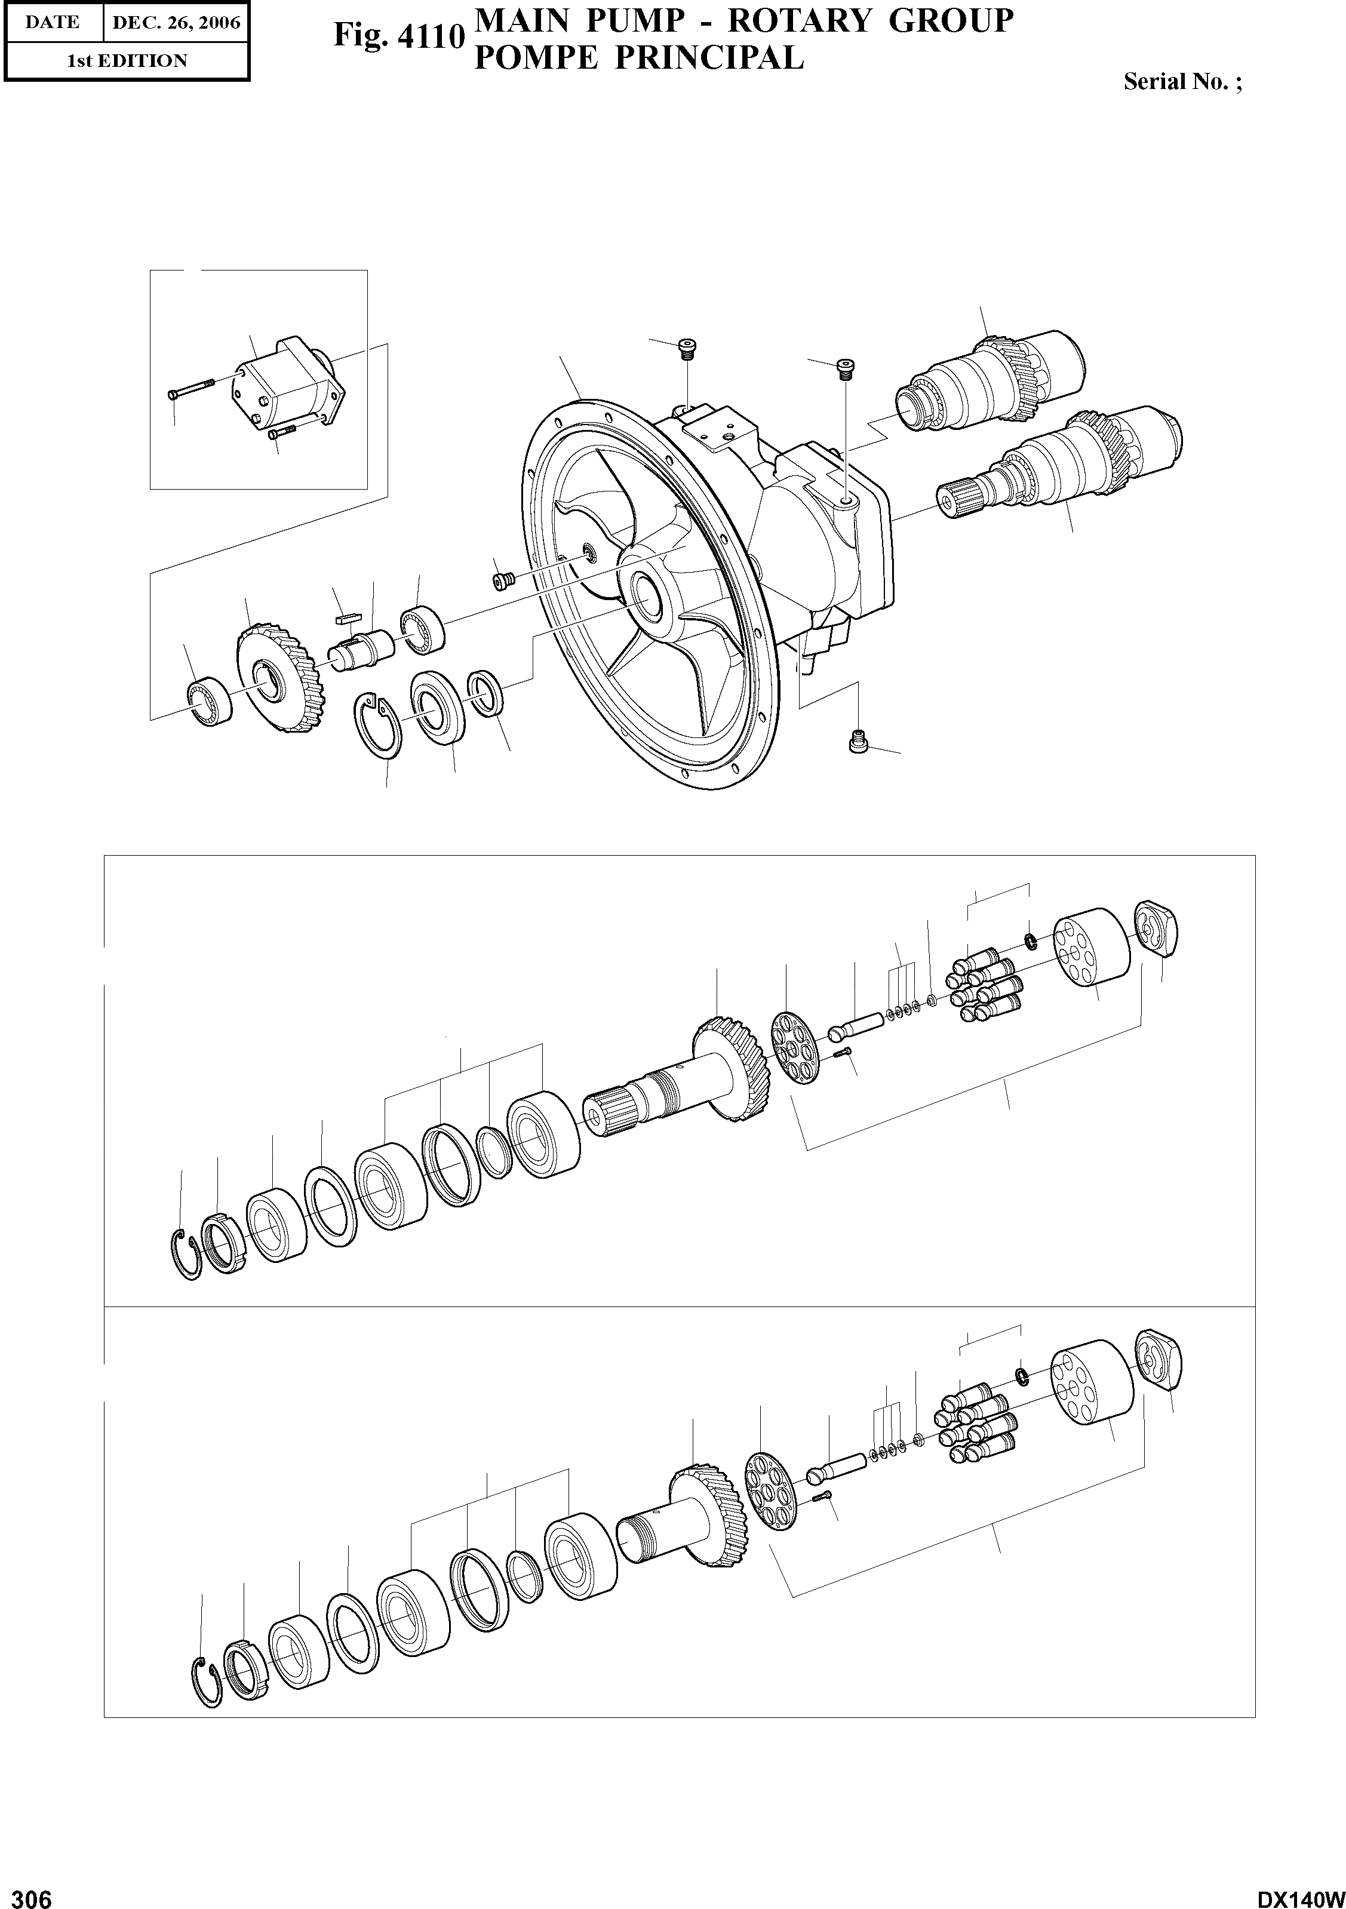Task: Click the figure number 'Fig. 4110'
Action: point(397,36)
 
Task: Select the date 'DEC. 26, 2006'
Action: point(176,23)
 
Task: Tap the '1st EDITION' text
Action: point(127,61)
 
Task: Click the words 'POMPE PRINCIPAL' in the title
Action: point(638,57)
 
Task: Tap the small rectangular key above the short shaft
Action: point(346,619)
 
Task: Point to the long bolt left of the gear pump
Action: point(191,388)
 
